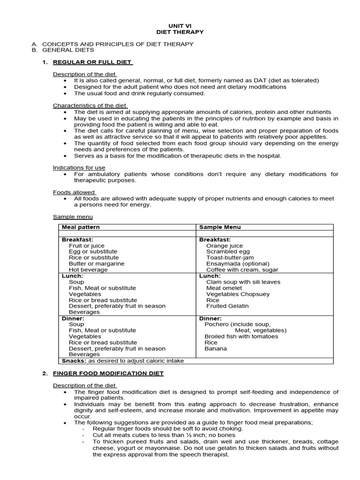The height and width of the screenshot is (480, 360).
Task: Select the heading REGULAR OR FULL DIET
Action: (93, 62)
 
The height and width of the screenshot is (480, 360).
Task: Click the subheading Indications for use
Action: (79, 167)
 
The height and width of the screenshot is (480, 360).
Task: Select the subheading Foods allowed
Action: (74, 192)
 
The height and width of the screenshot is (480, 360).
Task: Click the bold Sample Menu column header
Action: (220, 227)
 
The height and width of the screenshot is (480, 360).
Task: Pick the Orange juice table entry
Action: (225, 246)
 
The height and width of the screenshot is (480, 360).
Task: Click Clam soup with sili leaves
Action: (243, 282)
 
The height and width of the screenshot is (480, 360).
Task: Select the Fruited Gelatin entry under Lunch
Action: (227, 306)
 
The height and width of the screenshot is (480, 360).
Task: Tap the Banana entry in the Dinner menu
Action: (216, 348)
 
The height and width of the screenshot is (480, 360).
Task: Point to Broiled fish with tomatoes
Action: (241, 336)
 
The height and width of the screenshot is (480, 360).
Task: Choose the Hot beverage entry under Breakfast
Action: (88, 270)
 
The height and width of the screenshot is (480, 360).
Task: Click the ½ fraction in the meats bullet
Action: (174, 435)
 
